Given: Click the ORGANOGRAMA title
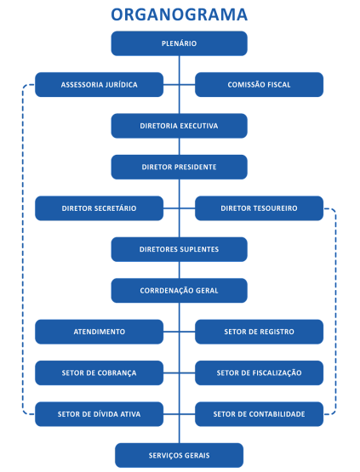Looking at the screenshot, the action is pyautogui.click(x=180, y=14).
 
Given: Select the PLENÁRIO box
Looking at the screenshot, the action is pyautogui.click(x=180, y=43).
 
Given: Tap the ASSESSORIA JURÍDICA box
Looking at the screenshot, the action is pyautogui.click(x=99, y=84).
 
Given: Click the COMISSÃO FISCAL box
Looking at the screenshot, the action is pyautogui.click(x=259, y=84).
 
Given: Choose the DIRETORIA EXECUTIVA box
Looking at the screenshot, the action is pyautogui.click(x=180, y=126).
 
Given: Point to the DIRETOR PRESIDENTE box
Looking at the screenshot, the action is pyautogui.click(x=180, y=167).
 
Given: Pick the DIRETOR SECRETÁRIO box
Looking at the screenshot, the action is pyautogui.click(x=99, y=208).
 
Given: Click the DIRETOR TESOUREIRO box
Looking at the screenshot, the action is pyautogui.click(x=259, y=208).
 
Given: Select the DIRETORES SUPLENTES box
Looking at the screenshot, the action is pyautogui.click(x=180, y=249).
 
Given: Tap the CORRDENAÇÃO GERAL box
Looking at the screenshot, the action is pyautogui.click(x=180, y=291).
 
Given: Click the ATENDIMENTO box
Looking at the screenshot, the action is pyautogui.click(x=99, y=332).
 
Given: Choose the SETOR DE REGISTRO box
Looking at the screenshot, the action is pyautogui.click(x=259, y=332).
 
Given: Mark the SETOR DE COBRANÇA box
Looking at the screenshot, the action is pyautogui.click(x=99, y=373).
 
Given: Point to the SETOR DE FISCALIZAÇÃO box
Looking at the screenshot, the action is pyautogui.click(x=259, y=373).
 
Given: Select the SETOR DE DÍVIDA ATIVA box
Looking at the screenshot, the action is pyautogui.click(x=99, y=414).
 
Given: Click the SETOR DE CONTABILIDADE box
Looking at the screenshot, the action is pyautogui.click(x=259, y=414).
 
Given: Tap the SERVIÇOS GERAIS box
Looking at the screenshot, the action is pyautogui.click(x=180, y=456).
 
